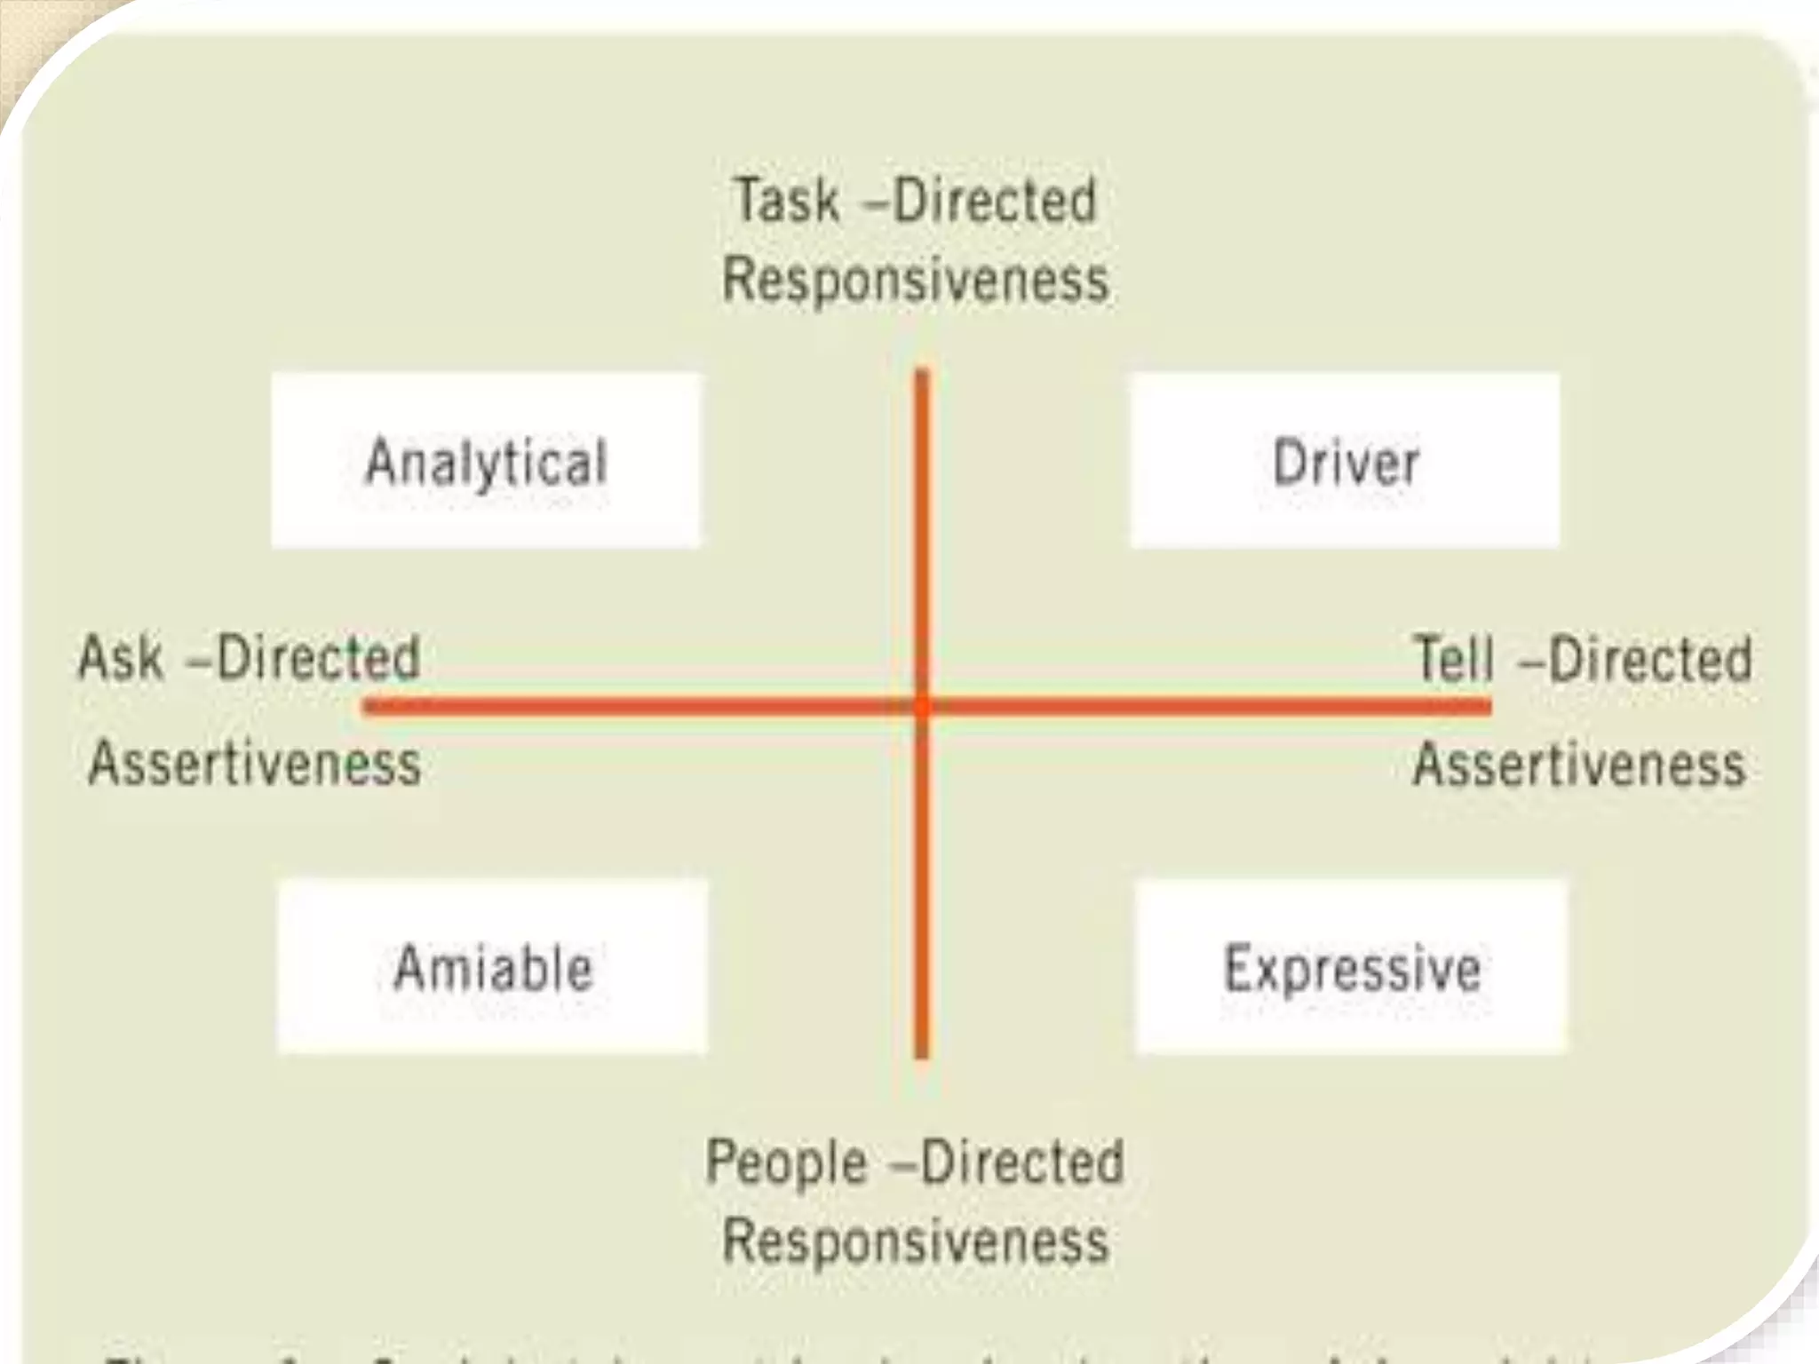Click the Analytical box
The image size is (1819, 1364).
point(485,460)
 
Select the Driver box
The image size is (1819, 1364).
point(1345,460)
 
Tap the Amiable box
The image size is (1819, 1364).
point(493,966)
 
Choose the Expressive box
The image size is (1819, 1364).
point(1352,966)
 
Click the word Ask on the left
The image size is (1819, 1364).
point(122,659)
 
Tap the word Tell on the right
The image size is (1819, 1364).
point(1454,659)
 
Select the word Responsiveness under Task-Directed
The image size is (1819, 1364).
point(916,280)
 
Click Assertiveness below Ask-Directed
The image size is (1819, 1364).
point(255,764)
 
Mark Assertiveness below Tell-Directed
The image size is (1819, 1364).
point(1579,764)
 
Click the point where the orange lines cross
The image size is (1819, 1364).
point(922,707)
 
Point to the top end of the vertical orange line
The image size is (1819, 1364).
point(922,373)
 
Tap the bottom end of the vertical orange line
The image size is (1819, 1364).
point(922,1055)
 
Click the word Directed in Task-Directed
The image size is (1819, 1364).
point(995,201)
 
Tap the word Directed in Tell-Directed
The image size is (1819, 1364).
point(1650,659)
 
